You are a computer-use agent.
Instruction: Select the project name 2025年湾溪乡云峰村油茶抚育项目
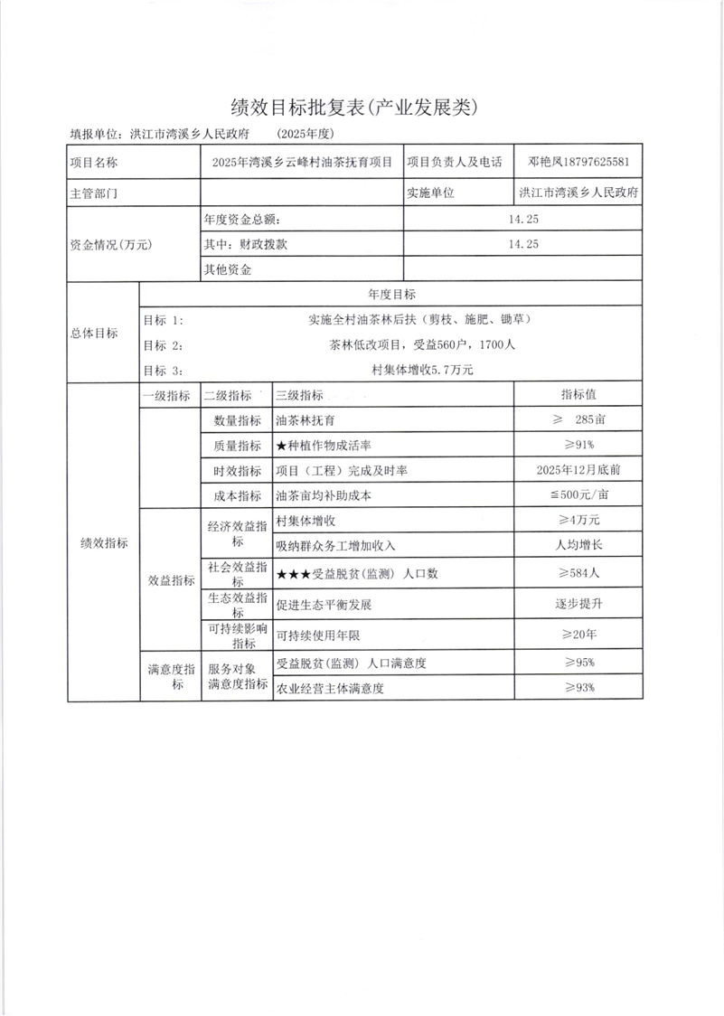[x=302, y=163]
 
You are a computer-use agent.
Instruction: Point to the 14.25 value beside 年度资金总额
[x=523, y=219]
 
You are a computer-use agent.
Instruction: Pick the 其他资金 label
[x=228, y=269]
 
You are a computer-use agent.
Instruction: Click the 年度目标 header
[x=391, y=295]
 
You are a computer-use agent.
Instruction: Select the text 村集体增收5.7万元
[x=422, y=370]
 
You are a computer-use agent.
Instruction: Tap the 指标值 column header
[x=578, y=395]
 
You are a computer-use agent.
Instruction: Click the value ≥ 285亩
[x=578, y=420]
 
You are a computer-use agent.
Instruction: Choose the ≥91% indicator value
[x=578, y=446]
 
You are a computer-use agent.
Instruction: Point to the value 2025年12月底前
[x=578, y=471]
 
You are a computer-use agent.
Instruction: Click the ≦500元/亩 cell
[x=578, y=496]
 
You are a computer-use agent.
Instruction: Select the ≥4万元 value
[x=578, y=521]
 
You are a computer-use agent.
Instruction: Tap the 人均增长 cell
[x=578, y=546]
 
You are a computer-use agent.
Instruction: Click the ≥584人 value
[x=578, y=573]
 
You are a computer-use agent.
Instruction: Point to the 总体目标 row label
[x=94, y=333]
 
